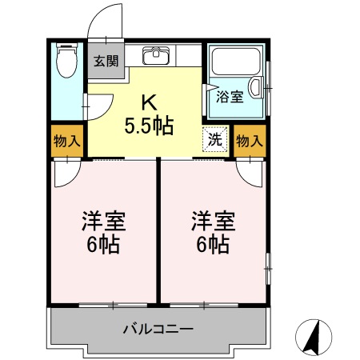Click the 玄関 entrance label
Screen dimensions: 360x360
(106, 62)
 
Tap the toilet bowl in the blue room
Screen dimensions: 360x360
(66, 61)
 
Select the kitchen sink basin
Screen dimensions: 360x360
(156, 55)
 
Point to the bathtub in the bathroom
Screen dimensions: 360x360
(236, 62)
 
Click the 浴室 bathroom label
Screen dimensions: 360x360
(230, 97)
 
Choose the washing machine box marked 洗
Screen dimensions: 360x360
(215, 140)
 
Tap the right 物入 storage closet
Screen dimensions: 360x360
(250, 141)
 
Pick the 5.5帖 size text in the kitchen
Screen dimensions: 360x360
(149, 126)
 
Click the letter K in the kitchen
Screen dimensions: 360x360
(149, 103)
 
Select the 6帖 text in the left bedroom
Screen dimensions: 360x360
(103, 245)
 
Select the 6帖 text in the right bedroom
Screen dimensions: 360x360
(213, 245)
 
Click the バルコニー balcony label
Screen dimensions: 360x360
(158, 329)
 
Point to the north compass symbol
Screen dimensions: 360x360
(314, 337)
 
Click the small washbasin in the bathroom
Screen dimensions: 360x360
(255, 87)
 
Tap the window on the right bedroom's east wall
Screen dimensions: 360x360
(269, 269)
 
